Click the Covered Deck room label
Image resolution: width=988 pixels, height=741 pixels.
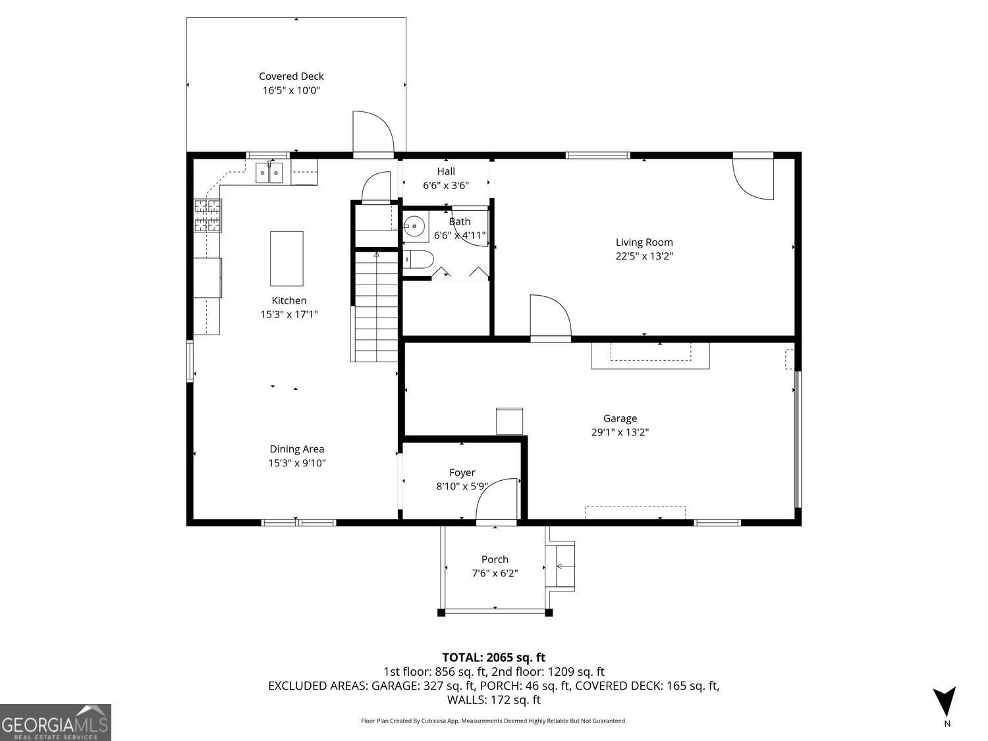point(291,76)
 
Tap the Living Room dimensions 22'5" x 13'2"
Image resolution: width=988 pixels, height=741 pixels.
point(644,256)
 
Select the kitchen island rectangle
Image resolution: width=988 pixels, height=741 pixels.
point(287,258)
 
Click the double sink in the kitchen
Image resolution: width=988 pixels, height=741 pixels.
point(269,173)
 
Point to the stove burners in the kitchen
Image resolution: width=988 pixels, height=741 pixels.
point(207,216)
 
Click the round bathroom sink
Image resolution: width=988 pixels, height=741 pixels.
point(415,226)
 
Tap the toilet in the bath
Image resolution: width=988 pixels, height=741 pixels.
point(416,260)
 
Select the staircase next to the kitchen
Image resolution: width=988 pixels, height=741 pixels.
point(375,307)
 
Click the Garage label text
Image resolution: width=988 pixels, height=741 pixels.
point(620,418)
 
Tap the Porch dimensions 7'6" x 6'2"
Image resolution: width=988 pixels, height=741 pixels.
point(495,574)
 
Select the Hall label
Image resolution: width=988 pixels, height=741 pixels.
point(446,171)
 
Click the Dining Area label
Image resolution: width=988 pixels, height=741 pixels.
point(296,449)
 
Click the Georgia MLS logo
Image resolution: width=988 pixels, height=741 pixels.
point(55,723)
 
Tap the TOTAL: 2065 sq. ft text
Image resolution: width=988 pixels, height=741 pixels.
point(493,657)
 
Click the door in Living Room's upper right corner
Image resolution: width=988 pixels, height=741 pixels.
point(755,177)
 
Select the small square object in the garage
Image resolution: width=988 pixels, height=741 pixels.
point(509,421)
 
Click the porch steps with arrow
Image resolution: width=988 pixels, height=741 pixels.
point(561,566)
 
